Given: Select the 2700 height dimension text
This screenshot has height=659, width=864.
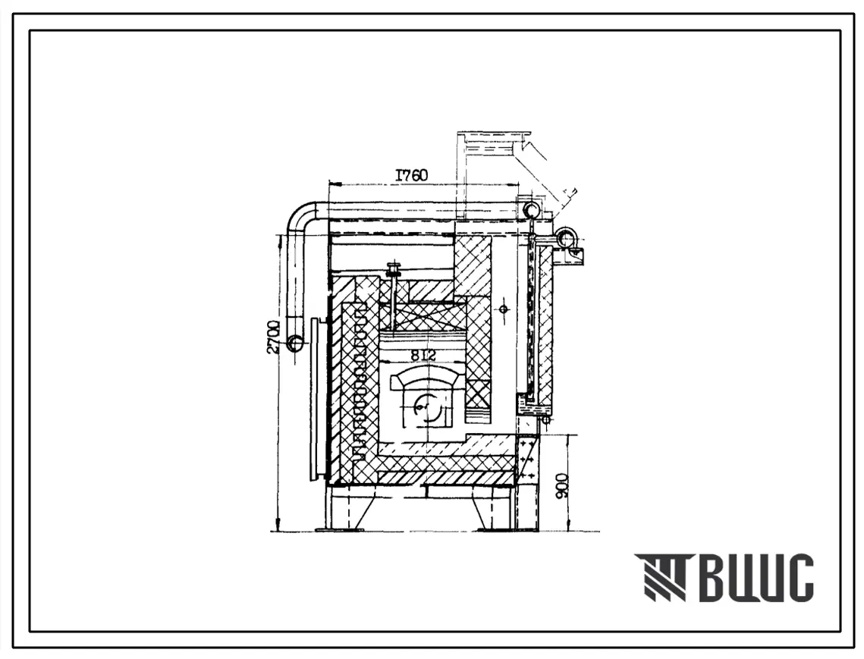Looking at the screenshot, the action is (x=275, y=338).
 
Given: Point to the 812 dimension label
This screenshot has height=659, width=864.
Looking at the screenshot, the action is (x=422, y=356).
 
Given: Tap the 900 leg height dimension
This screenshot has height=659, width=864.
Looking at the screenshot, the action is (x=561, y=485).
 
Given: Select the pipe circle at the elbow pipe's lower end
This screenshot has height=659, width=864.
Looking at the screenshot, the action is (x=295, y=344).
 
